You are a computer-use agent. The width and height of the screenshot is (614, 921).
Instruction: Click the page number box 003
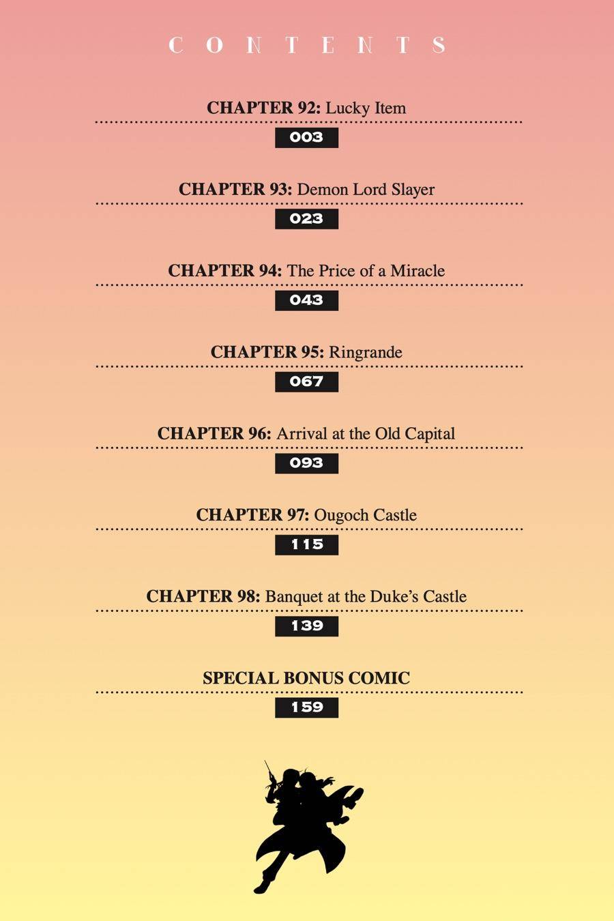pos(306,137)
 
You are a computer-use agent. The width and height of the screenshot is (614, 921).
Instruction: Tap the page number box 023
pos(306,219)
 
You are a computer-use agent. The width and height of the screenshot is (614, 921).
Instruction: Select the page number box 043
pos(306,300)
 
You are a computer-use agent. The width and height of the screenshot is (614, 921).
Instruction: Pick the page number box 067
pos(306,381)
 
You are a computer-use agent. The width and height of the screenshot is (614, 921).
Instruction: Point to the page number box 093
pos(306,463)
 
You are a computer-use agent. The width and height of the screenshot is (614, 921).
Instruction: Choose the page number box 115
pos(306,544)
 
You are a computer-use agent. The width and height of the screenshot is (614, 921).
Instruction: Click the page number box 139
pos(306,626)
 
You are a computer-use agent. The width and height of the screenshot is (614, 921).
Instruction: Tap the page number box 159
pos(306,707)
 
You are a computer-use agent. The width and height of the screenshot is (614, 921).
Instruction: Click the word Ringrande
pos(366,353)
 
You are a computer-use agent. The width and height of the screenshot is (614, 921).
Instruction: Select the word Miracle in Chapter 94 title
pos(418,271)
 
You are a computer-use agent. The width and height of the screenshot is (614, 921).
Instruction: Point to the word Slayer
pos(413,190)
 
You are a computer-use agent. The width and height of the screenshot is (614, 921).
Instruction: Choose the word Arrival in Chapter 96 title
pos(302,434)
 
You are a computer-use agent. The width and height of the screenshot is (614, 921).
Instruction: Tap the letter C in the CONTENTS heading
pos(175,45)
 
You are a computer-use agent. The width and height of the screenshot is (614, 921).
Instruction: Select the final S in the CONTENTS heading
pos(439,45)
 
